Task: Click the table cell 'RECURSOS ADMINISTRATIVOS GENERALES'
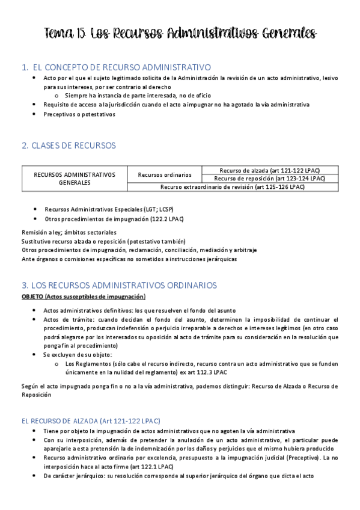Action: [x=75, y=178]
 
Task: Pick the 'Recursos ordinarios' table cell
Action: [x=164, y=175]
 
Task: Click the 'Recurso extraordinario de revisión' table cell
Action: [x=232, y=187]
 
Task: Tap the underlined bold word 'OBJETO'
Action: [x=32, y=296]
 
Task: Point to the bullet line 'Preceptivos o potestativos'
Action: [x=79, y=114]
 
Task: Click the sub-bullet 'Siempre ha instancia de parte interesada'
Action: [x=132, y=96]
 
